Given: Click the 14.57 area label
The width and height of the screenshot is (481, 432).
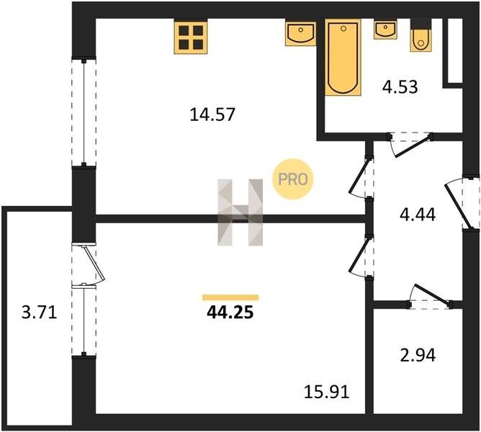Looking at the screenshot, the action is coord(212,114).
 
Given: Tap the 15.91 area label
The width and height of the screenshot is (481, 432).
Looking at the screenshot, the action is coord(326,392).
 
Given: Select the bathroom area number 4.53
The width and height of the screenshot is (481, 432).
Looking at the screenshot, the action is coord(400,87).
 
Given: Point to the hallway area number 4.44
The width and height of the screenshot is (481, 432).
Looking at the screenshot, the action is coord(418,215).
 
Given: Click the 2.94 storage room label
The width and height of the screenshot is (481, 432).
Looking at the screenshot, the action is coord(418,356).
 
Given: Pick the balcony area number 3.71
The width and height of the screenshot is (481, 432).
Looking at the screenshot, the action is coord(40,313).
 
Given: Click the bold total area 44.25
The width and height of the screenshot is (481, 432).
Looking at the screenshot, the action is coord(230,312).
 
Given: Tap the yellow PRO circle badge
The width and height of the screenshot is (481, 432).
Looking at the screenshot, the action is coord(292,179).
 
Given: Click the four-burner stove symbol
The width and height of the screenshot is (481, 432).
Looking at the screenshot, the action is coord(191,37).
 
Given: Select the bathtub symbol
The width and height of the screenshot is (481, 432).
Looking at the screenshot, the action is coord(343,58).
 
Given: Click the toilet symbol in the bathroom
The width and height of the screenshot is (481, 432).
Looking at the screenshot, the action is coord(421,35).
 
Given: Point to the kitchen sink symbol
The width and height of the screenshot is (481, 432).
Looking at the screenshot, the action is coord(301,32).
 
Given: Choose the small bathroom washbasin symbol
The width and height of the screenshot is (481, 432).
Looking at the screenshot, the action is coord(386,29).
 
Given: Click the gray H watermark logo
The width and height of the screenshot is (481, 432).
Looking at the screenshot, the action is coord(240,212).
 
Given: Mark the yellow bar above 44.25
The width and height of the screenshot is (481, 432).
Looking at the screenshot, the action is coord(230,297).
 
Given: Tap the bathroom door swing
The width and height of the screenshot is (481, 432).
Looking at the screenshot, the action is coord(410,145).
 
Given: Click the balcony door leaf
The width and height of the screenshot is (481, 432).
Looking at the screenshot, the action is coord(94,264).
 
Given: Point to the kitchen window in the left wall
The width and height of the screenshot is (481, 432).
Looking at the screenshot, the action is coord(84,112).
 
